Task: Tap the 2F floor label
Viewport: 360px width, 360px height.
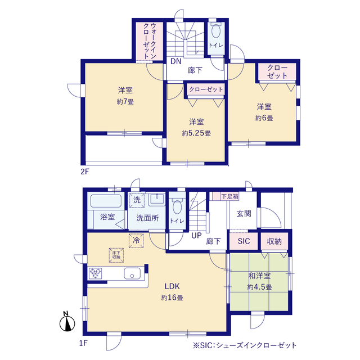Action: point(85,172)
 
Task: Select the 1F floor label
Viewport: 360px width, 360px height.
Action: point(84,343)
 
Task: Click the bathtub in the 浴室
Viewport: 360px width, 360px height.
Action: point(106,201)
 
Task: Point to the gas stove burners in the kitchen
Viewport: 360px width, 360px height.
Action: point(95,273)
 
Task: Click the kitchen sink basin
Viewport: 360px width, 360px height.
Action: point(132,273)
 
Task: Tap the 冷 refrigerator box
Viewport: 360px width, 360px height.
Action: point(136,241)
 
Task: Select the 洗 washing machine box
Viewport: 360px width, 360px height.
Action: point(137,200)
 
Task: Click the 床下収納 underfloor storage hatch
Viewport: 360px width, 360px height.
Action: point(116,255)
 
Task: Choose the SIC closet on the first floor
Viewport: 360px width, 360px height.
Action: point(244,241)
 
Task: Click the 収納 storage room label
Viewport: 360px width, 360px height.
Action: point(274,241)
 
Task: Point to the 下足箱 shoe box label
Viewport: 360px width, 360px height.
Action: point(229,196)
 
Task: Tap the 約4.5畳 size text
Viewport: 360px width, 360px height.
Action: point(259,287)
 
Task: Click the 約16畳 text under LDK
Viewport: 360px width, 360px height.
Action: point(172,298)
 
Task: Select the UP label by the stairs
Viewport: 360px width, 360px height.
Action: point(196,236)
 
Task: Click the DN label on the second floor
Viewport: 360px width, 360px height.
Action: point(176,61)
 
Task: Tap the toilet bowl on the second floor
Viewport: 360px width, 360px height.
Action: point(215,31)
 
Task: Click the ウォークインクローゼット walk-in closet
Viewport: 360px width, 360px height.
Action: point(150,41)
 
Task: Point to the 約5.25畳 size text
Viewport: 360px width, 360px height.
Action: point(196,133)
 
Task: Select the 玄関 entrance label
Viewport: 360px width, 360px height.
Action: point(244,214)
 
